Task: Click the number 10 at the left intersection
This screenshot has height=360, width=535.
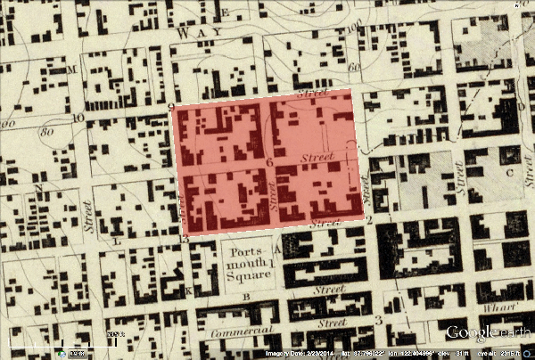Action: tap(78, 118)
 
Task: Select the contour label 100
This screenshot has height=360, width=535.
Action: tap(352, 28)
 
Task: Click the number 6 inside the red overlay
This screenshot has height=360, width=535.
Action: tap(268, 162)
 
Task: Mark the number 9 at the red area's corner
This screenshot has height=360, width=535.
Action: tap(169, 107)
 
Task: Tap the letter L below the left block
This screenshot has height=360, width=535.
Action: tap(117, 241)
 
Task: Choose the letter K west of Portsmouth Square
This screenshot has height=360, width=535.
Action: tap(188, 290)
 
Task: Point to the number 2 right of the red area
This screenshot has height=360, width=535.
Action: tap(368, 218)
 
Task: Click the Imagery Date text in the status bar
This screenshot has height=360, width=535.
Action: tap(291, 354)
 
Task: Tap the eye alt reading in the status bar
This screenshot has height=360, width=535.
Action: tap(504, 354)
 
